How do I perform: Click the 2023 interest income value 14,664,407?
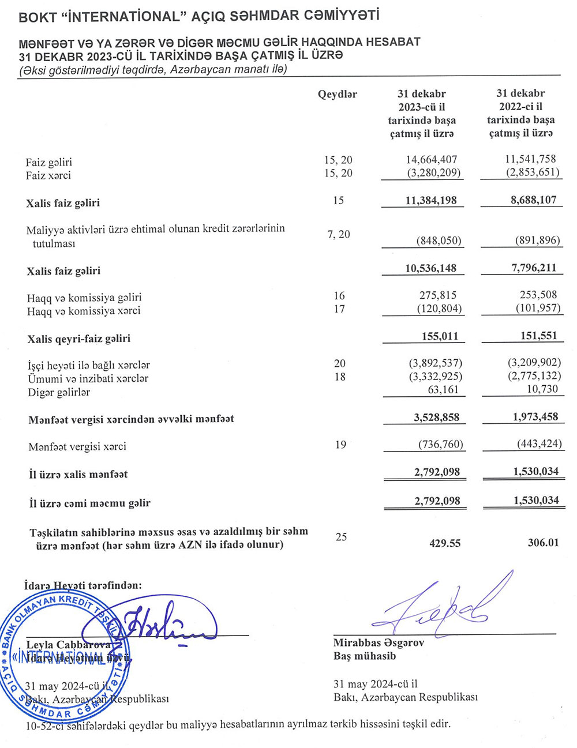pos(432,160)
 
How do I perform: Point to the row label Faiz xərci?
pos(48,175)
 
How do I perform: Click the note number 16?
pos(339,296)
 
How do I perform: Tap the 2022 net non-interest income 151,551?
pos(535,336)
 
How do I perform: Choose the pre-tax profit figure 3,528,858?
pos(437,418)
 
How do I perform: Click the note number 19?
pos(340,445)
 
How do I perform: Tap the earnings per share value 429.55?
pos(445,543)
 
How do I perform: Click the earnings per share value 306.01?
pos(543,543)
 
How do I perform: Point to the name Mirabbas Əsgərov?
pos(379,642)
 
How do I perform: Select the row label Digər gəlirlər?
pos(59,392)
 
